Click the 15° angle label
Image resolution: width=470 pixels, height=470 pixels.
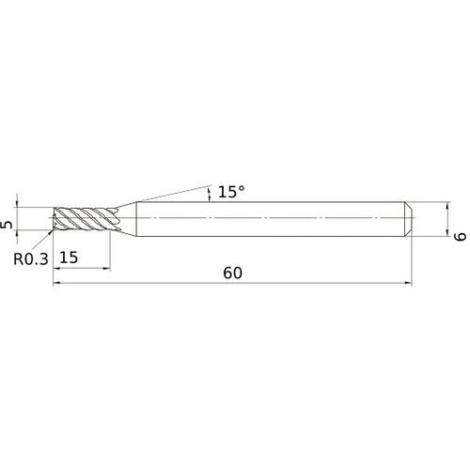tap(230, 192)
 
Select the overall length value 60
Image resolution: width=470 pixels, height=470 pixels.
tap(233, 274)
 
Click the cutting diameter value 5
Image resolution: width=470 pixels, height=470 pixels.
tap(8, 226)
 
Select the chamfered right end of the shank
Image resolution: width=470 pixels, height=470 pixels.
tap(409, 219)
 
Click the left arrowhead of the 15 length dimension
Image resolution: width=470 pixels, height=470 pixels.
tap(57, 267)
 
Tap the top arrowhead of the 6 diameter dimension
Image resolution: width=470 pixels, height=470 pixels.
tap(444, 205)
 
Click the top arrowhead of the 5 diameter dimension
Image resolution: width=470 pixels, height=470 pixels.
tap(19, 208)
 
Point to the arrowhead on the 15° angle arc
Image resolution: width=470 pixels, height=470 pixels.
tap(210, 198)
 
